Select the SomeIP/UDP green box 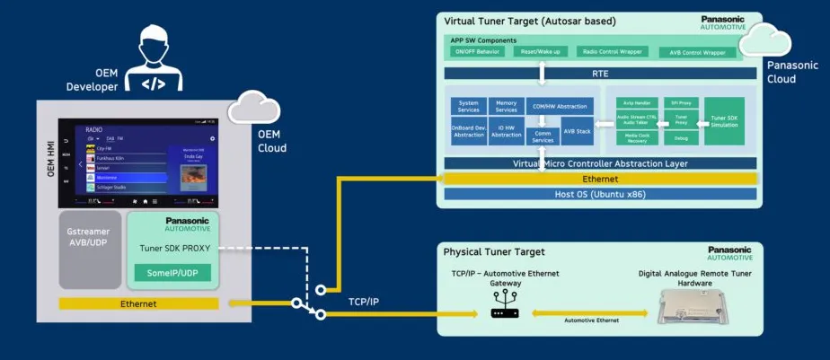point(173,273)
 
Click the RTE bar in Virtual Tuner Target point(599,74)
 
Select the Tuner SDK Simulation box point(724,121)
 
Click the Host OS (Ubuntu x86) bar point(599,193)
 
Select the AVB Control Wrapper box point(697,52)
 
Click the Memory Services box point(506,106)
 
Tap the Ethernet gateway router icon point(501,312)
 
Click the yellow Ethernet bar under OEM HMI point(137,303)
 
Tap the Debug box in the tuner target point(680,138)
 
